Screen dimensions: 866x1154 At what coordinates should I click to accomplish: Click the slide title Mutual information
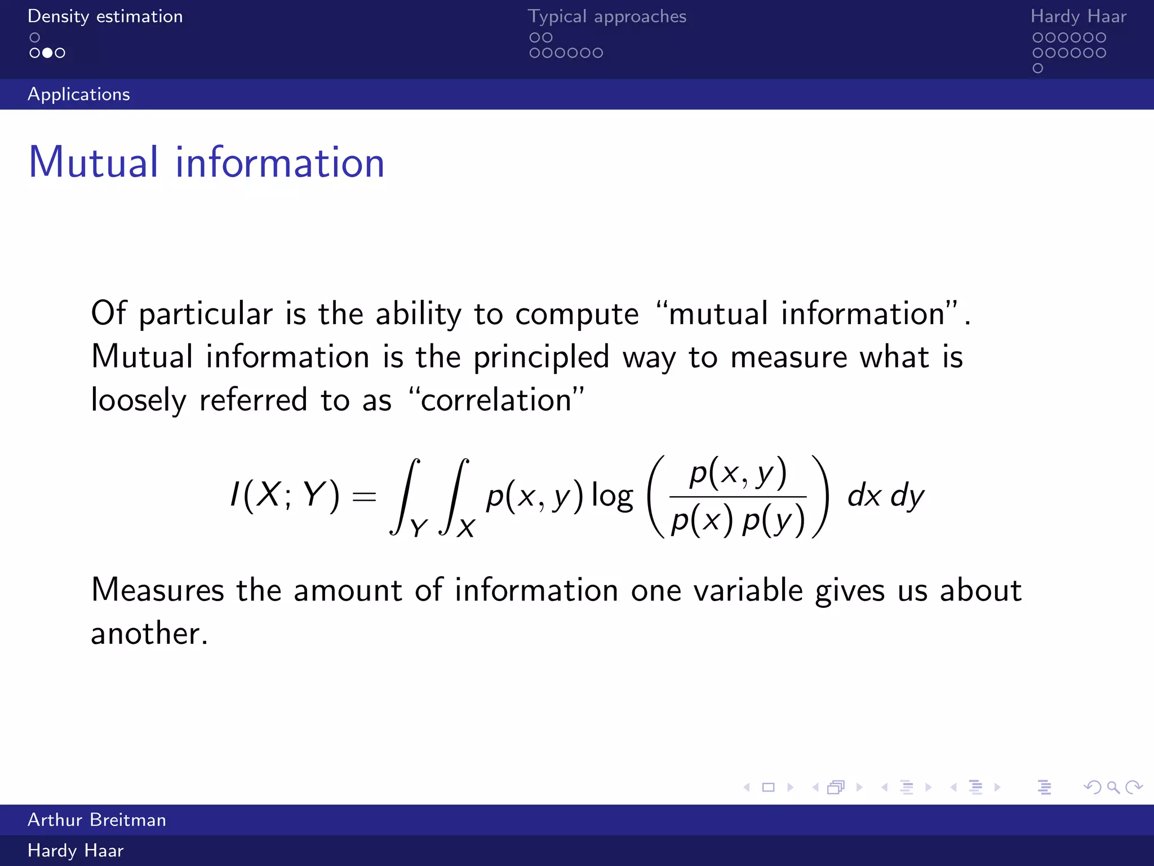(x=206, y=163)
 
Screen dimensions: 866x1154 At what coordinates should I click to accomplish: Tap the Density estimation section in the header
(x=105, y=16)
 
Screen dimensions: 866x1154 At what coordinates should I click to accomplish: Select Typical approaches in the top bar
(x=607, y=16)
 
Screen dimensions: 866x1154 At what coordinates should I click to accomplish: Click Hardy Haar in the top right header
(x=1078, y=16)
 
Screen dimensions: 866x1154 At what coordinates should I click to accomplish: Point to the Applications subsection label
(x=79, y=94)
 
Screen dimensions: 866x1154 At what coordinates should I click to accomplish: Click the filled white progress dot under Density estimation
(x=47, y=53)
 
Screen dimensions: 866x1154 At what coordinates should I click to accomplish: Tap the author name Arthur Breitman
(x=97, y=820)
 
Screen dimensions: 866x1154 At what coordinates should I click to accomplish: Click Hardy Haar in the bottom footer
(x=76, y=850)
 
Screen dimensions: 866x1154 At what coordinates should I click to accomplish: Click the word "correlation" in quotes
(x=496, y=400)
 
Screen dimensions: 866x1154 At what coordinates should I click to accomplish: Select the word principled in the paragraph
(x=541, y=357)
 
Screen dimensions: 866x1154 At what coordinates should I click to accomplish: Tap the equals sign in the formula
(x=363, y=497)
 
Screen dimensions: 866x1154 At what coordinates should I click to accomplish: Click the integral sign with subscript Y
(x=405, y=496)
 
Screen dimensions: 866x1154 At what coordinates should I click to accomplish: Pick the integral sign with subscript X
(x=454, y=496)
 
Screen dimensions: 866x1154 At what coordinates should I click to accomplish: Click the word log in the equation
(x=612, y=497)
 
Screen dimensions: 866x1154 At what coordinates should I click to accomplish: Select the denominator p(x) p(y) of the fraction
(x=738, y=521)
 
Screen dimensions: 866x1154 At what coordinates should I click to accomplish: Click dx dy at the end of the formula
(x=885, y=496)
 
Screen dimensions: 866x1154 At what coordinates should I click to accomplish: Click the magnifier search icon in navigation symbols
(x=1113, y=787)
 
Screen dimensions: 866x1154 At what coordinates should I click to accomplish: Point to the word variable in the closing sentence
(x=748, y=591)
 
